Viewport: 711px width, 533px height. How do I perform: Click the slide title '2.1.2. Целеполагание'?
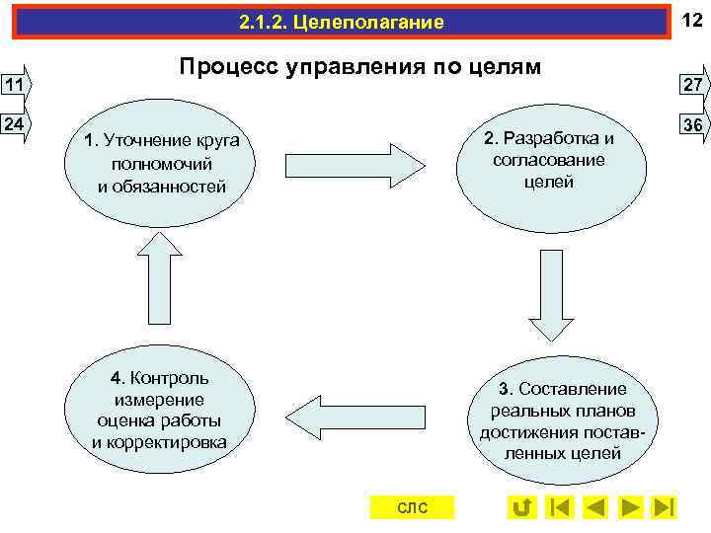point(342,22)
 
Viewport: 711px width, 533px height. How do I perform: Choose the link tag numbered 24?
point(15,125)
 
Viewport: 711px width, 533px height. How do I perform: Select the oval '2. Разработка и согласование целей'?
point(549,161)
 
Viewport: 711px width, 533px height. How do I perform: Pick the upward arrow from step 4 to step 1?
point(160,279)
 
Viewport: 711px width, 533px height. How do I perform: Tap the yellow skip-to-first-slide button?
point(559,507)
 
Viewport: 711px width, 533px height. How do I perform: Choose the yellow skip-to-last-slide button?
point(665,507)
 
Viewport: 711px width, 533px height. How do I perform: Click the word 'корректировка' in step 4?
point(159,441)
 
